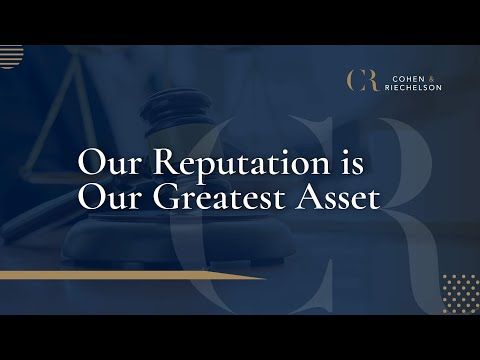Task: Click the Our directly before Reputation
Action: [105, 163]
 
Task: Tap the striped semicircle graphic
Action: [10, 56]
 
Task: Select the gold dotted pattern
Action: [459, 291]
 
